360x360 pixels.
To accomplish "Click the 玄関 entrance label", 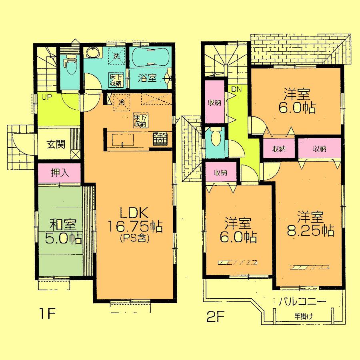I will (x=55, y=145).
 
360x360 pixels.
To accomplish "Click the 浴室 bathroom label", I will (x=147, y=78).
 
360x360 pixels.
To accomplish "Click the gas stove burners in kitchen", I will (x=160, y=139).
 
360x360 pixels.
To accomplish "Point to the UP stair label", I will (x=43, y=97).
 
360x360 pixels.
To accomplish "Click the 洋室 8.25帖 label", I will (x=310, y=225).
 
